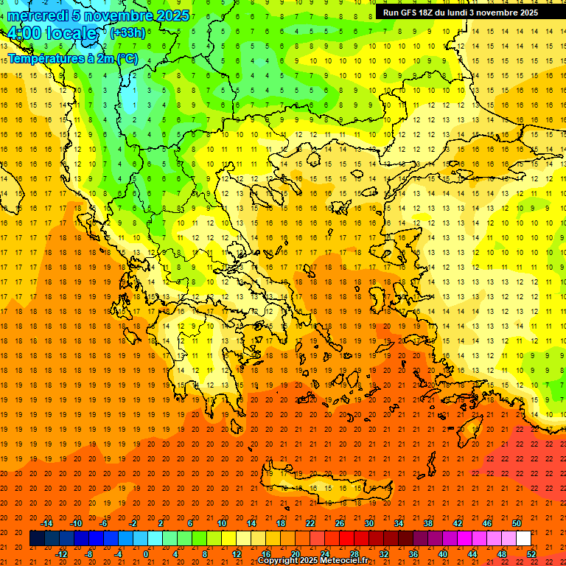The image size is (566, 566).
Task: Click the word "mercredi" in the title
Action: [38, 15]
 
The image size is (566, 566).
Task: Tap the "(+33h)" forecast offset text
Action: [127, 32]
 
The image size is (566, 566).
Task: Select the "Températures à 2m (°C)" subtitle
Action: [73, 57]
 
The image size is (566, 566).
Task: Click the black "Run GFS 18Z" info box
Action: [460, 13]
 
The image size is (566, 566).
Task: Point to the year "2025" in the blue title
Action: [172, 15]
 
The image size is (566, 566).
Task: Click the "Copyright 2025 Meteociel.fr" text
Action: [312, 561]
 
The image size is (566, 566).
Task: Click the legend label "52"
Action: [531, 553]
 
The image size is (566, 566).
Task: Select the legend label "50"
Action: [516, 523]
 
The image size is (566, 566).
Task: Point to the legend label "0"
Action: [146, 553]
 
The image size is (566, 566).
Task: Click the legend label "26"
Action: [340, 523]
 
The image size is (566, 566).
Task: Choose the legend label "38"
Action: [427, 523]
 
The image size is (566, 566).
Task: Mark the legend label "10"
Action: [221, 523]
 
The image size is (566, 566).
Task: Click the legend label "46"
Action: [486, 523]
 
